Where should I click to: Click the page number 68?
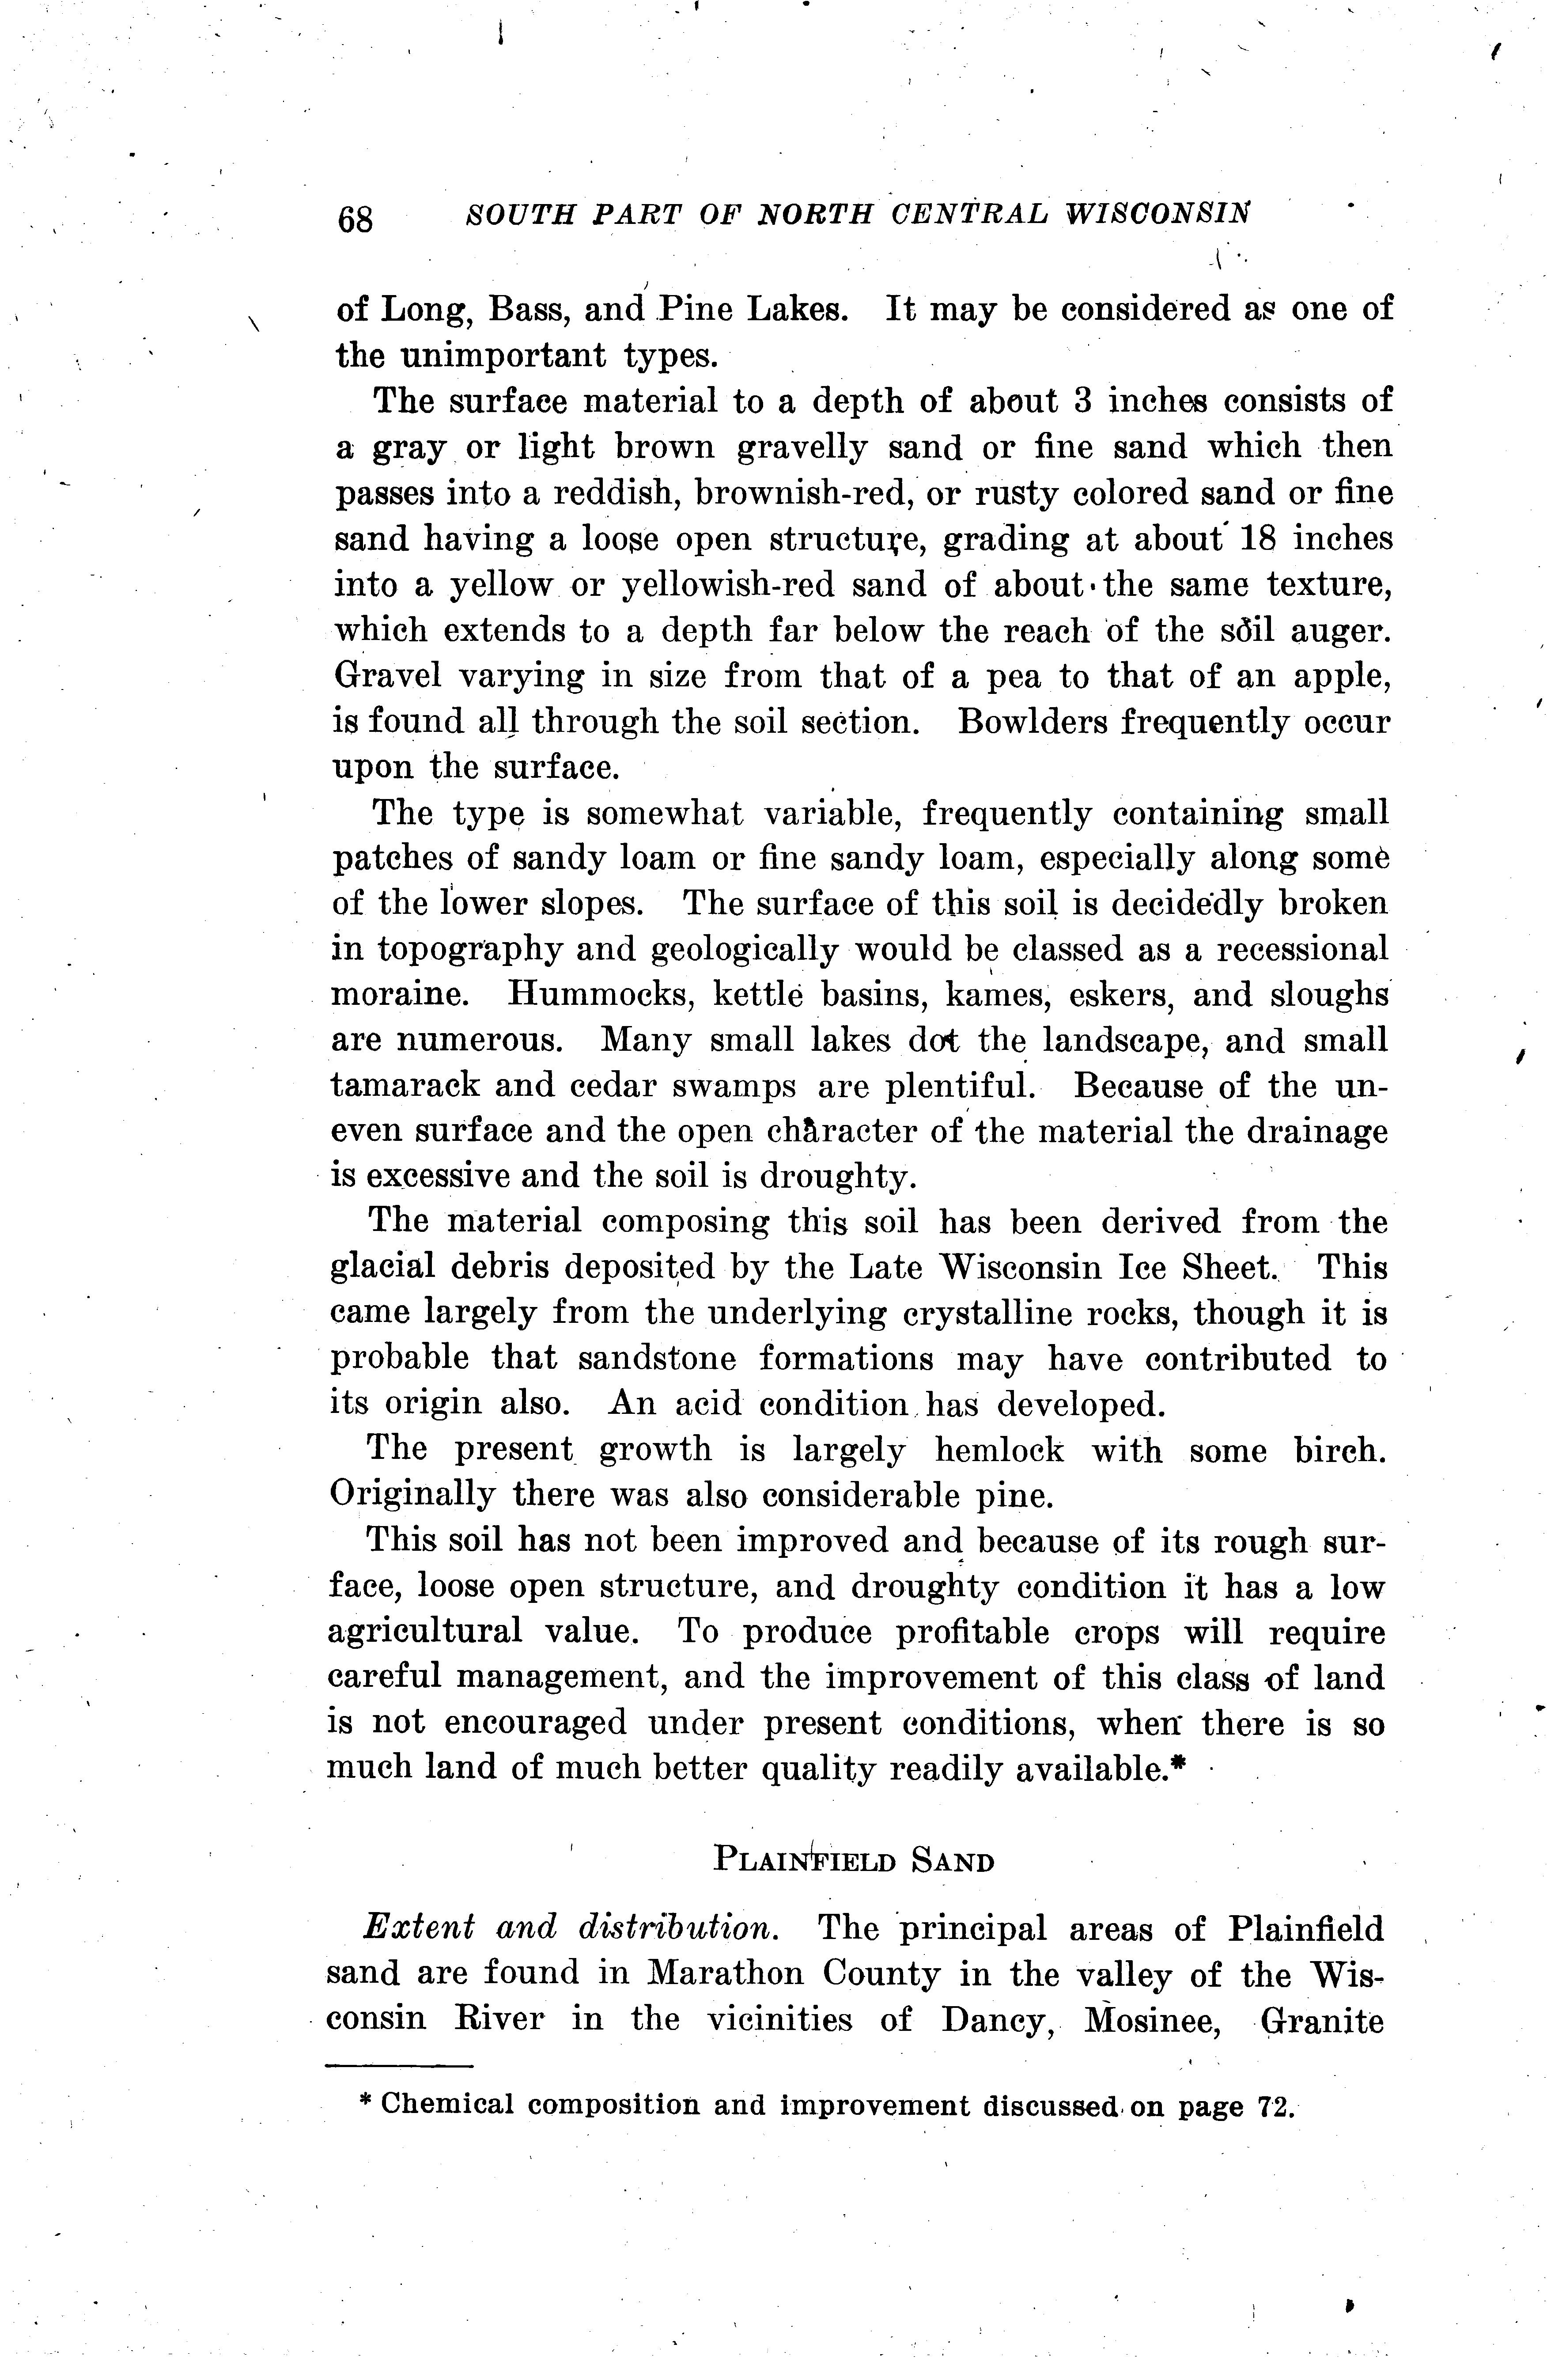[x=355, y=218]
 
